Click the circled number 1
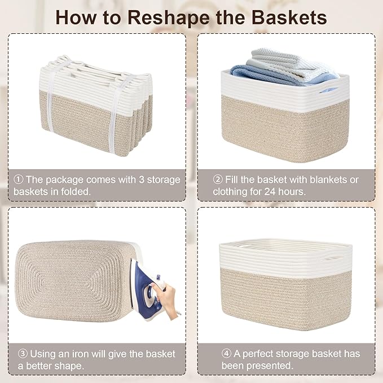tap(18, 180)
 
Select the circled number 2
tap(218, 180)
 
